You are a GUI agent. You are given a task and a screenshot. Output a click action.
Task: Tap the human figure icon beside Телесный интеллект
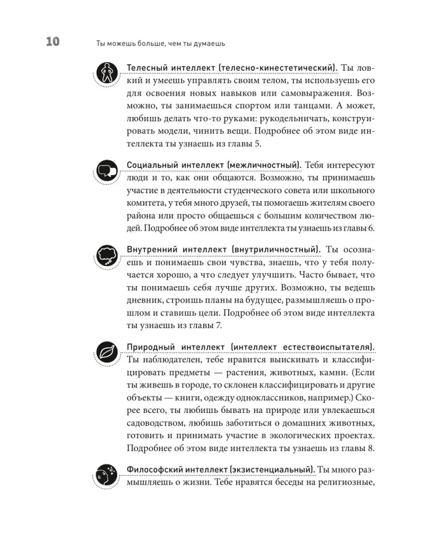106,72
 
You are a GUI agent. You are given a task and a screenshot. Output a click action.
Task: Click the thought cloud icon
106,255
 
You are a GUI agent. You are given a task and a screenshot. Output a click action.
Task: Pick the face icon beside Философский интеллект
106,474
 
